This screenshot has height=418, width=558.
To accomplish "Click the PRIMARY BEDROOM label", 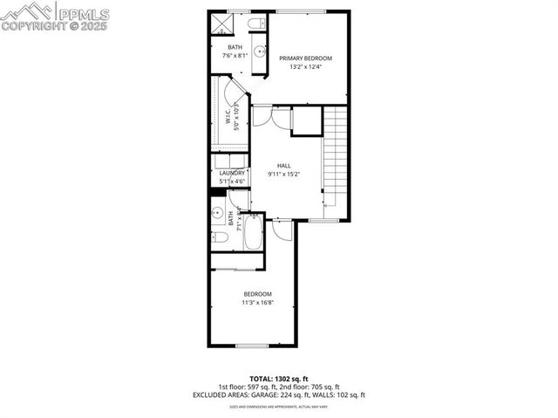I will tap(306, 58).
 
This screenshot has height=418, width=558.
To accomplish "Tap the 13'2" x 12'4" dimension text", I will tap(306, 67).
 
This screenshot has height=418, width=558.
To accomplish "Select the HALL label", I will tap(284, 165).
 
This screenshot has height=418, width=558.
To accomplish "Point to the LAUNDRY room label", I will tap(232, 173).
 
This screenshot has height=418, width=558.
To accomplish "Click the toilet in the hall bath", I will tap(220, 236).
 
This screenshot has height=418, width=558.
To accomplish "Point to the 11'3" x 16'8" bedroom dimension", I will tap(258, 302).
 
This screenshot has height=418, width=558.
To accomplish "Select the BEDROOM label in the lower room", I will tap(258, 293).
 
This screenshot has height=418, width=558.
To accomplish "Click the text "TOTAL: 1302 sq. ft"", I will tap(278, 380).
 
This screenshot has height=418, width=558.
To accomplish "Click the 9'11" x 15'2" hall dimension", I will tap(284, 174).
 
